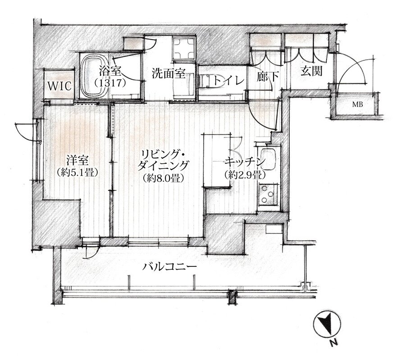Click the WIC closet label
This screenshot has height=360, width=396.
pos(59,86)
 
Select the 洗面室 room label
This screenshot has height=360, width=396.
pos(168,74)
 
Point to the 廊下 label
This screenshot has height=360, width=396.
pos(268,76)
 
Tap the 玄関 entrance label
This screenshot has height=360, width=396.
pos(312,71)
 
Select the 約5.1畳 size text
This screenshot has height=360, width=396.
pos(77,172)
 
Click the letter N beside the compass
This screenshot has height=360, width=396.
pos(334,342)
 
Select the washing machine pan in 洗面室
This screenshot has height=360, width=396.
pos(184,48)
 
